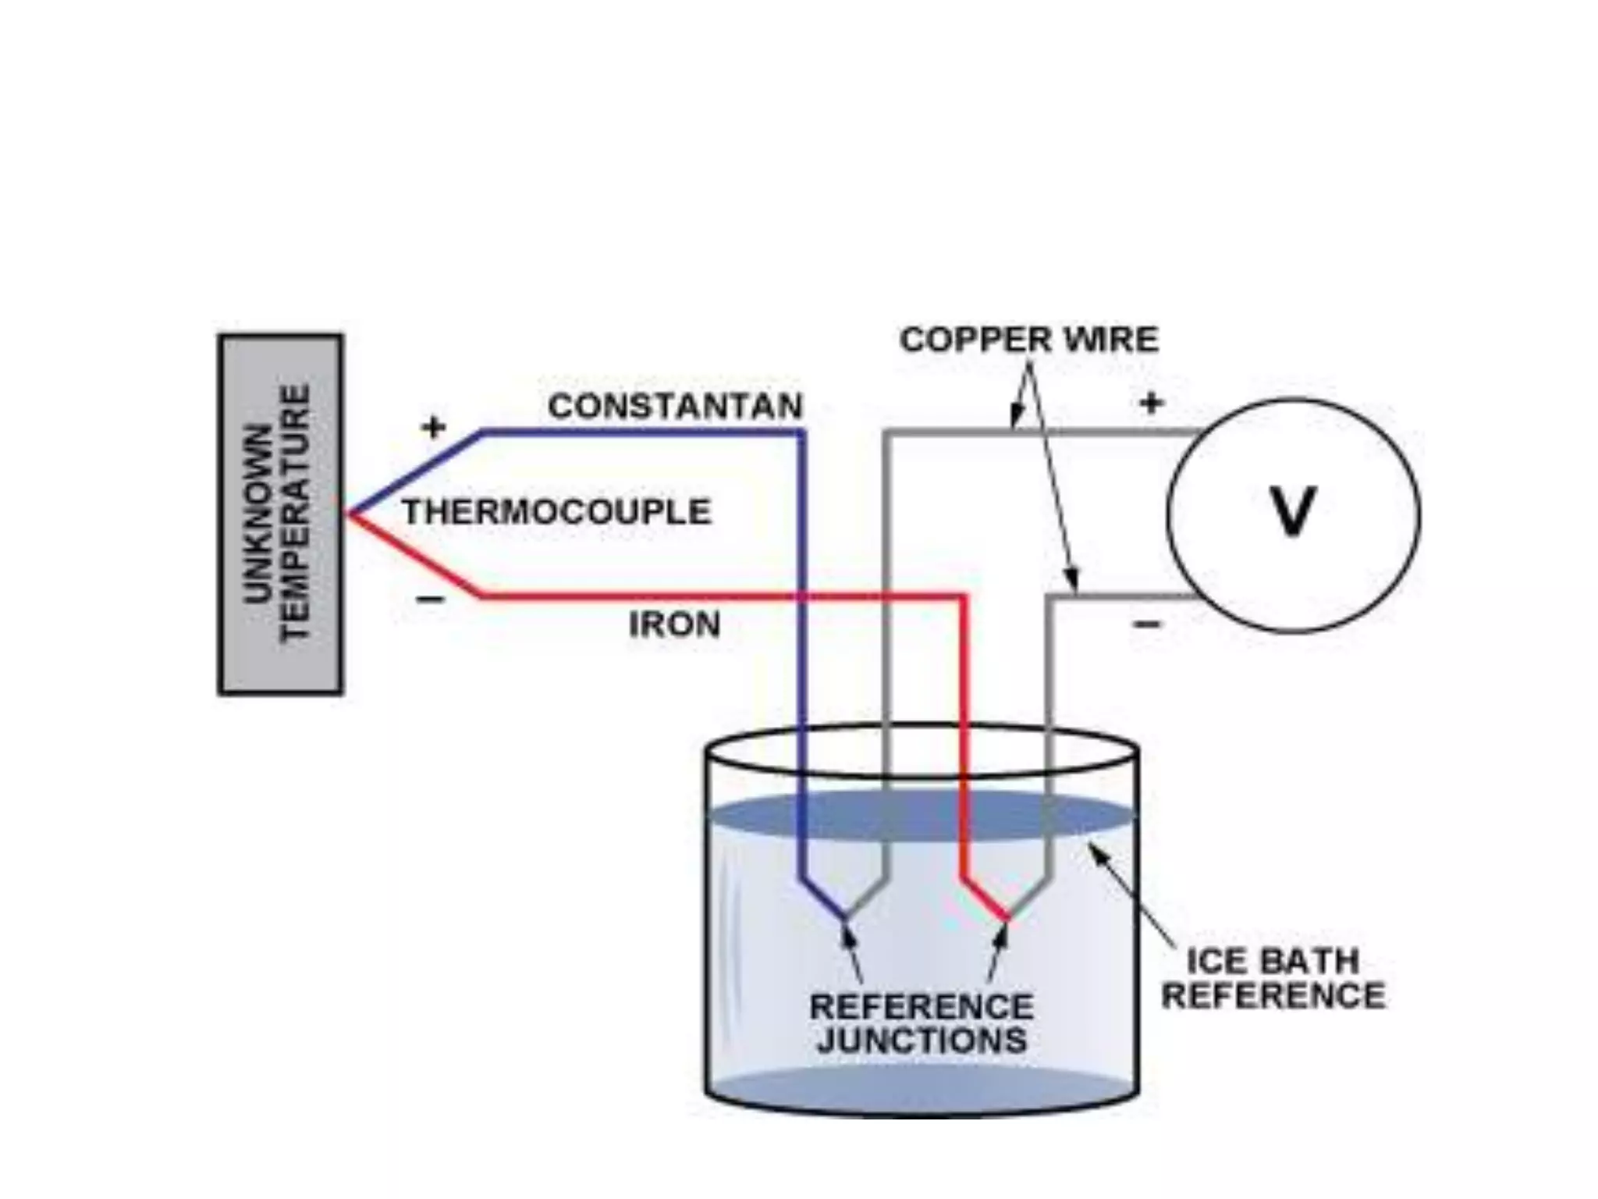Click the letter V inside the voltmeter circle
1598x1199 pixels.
point(1292,512)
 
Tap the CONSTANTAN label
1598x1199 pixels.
point(675,407)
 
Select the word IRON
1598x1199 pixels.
point(675,625)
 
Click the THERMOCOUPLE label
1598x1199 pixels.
point(557,513)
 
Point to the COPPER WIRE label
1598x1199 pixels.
point(1029,340)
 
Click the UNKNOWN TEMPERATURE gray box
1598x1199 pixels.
point(280,514)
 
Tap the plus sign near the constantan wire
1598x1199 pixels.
point(433,427)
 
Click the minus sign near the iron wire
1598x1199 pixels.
point(430,599)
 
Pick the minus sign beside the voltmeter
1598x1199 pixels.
point(1147,624)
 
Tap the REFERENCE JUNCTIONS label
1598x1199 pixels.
point(922,1023)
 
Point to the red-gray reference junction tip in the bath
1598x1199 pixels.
point(1007,917)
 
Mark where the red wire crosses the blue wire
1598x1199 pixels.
point(801,597)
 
